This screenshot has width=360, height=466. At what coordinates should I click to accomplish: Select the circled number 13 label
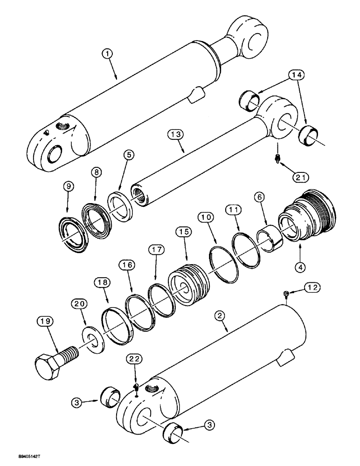(x=176, y=136)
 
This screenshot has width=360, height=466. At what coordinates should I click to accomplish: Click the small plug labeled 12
(x=286, y=293)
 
